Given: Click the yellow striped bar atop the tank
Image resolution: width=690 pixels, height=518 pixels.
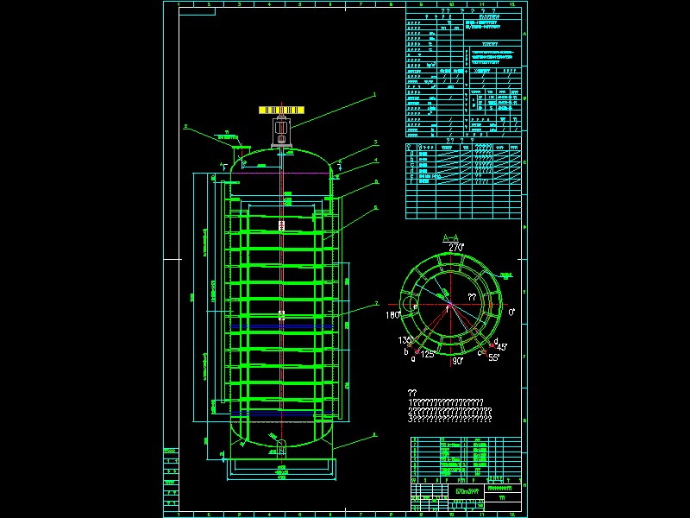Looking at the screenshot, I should click(x=281, y=111).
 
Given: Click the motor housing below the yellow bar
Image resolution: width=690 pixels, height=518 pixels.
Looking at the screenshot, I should click(x=281, y=132).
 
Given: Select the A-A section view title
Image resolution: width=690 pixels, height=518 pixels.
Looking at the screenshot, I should click(x=451, y=237).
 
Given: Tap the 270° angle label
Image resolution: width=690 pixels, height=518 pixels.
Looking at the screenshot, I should click(x=456, y=247).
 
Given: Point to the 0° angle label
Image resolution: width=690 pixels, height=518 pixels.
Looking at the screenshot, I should click(x=511, y=312).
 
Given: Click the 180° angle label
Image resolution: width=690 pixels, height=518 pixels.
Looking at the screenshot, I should click(x=392, y=315).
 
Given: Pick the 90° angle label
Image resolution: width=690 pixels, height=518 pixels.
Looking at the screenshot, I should click(x=458, y=362).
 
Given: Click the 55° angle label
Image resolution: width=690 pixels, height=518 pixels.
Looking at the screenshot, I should click(x=494, y=357).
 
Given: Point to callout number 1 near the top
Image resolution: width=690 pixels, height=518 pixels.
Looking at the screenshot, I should click(x=373, y=93).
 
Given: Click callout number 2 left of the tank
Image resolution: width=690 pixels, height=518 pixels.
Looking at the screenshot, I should click(x=185, y=126).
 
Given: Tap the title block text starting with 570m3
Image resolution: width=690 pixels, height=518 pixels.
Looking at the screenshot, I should click(x=467, y=490).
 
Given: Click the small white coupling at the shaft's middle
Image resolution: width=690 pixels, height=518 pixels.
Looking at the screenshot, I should click(x=281, y=315).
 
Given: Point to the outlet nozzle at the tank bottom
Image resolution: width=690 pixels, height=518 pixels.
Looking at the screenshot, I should click(x=281, y=446).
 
